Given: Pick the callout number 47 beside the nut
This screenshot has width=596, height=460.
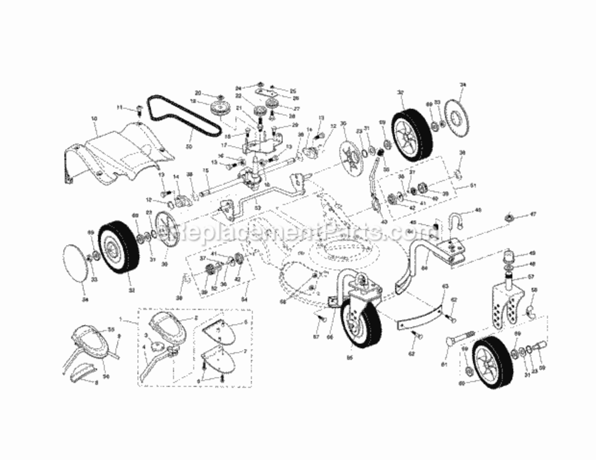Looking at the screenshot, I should pyautogui.click(x=533, y=214).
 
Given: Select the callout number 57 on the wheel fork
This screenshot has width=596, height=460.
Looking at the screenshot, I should pyautogui.click(x=532, y=278).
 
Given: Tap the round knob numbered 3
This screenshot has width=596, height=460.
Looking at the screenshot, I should pyautogui.click(x=150, y=339).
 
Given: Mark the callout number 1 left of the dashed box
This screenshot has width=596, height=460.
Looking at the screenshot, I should pyautogui.click(x=120, y=320).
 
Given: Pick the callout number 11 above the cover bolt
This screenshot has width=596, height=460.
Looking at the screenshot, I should pyautogui.click(x=120, y=108).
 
